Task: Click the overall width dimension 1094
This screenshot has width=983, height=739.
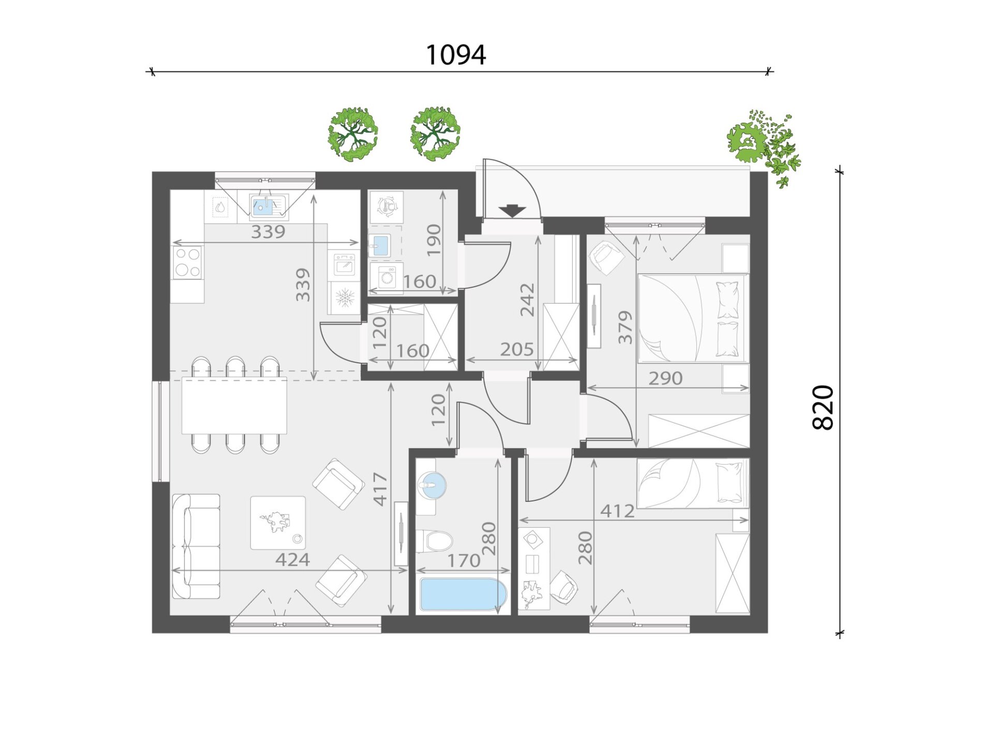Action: click(x=456, y=55)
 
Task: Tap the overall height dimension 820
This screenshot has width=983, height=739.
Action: click(x=823, y=408)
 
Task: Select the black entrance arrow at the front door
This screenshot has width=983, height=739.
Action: click(x=513, y=211)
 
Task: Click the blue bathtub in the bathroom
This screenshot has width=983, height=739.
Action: click(x=464, y=594)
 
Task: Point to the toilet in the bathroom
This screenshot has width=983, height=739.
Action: click(x=434, y=541)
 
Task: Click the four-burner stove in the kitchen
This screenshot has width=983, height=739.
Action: click(x=187, y=262)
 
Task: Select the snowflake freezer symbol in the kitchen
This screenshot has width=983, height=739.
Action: click(x=345, y=298)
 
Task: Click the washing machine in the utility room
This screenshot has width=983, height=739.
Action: click(x=386, y=278)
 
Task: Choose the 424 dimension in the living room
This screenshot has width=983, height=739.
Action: click(x=292, y=559)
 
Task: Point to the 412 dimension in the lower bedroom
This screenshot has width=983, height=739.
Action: click(x=617, y=511)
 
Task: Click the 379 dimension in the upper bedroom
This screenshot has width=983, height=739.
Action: click(x=625, y=327)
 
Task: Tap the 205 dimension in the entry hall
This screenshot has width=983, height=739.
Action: click(x=516, y=350)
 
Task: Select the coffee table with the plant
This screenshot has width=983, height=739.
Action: click(x=278, y=523)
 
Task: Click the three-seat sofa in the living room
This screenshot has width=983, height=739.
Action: click(x=196, y=546)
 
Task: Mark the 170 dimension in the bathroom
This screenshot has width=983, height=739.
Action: click(x=464, y=560)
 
